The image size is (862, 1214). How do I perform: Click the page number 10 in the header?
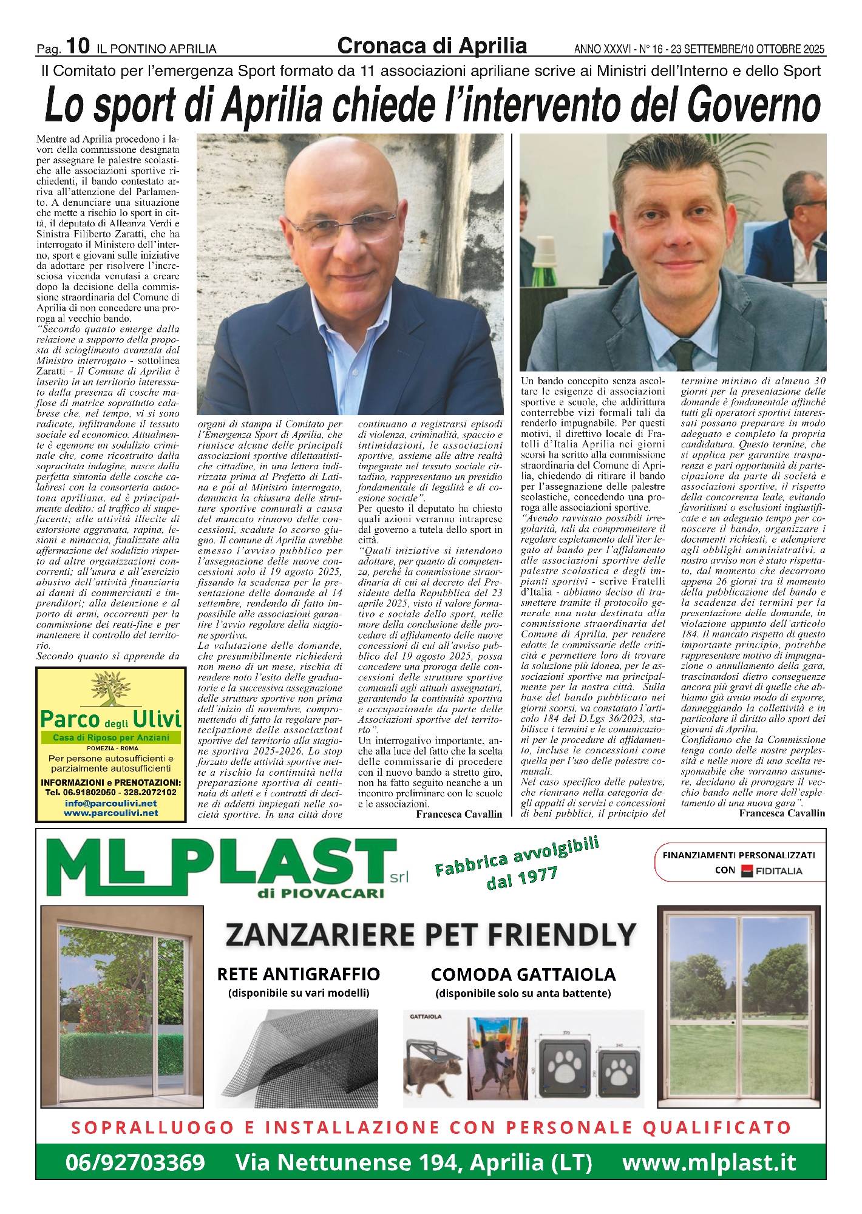(x=78, y=46)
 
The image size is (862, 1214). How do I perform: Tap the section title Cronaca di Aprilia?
(x=432, y=46)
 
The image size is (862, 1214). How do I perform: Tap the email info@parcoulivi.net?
(x=110, y=803)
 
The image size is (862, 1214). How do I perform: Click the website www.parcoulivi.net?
(x=110, y=813)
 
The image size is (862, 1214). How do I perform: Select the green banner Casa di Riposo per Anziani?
(x=110, y=738)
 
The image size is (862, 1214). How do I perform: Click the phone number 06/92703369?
(x=135, y=1162)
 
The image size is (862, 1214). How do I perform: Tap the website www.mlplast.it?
(x=708, y=1162)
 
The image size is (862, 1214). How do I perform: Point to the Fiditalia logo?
(x=772, y=870)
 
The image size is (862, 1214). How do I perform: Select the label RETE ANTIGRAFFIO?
(x=298, y=974)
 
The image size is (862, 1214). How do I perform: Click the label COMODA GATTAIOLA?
(x=523, y=975)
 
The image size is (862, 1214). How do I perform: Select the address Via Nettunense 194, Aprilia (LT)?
(x=413, y=1162)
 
